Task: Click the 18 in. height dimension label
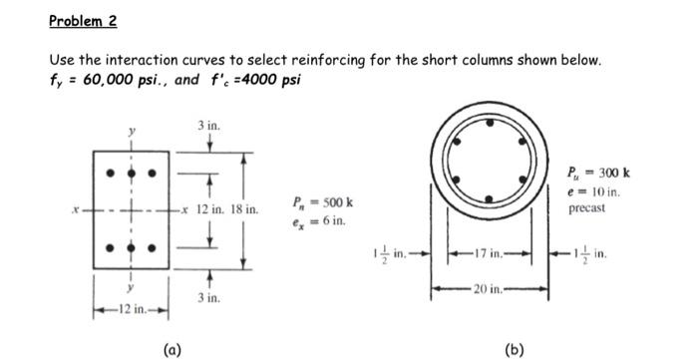243,210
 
